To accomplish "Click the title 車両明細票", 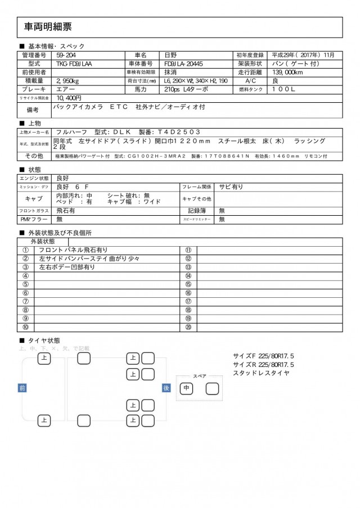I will click(48, 26).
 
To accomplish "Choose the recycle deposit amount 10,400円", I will click(69, 97).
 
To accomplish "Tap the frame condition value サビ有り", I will click(231, 186).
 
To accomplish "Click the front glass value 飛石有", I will click(66, 210).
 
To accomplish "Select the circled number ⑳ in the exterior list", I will click(188, 327).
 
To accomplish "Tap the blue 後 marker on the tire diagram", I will click(166, 388).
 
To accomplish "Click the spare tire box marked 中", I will click(186, 388).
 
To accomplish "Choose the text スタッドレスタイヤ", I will click(260, 373).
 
